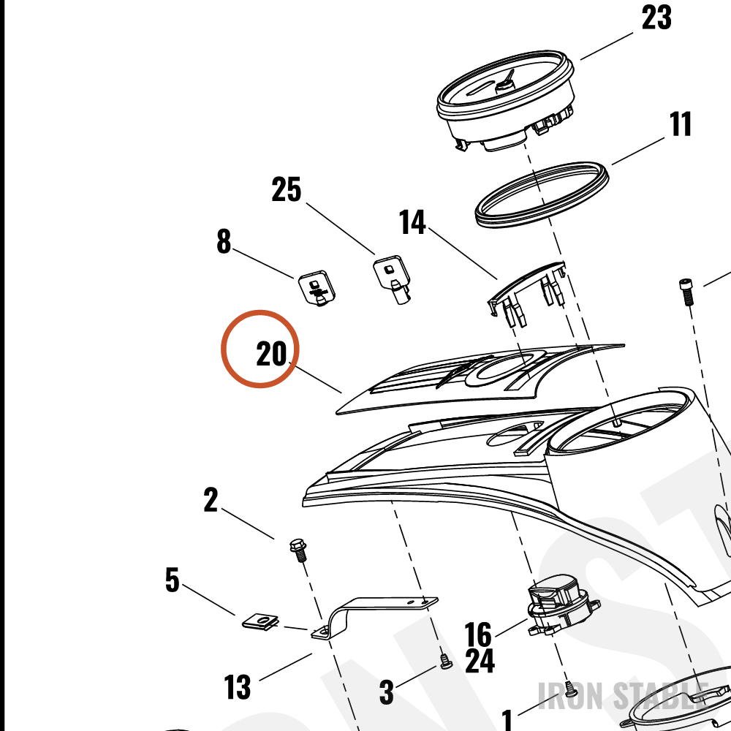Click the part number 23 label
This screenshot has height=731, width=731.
coord(656,18)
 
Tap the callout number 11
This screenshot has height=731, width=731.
coord(680,124)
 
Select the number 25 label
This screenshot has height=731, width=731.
coord(287,189)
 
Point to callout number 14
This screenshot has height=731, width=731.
coord(412,222)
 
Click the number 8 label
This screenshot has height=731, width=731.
coord(224,241)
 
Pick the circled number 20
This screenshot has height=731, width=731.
coord(271,354)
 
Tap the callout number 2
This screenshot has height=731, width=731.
coord(211,500)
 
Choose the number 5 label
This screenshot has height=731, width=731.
coord(172,580)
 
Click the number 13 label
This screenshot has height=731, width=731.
coord(237,686)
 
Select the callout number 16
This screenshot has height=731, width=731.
coord(478,634)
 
